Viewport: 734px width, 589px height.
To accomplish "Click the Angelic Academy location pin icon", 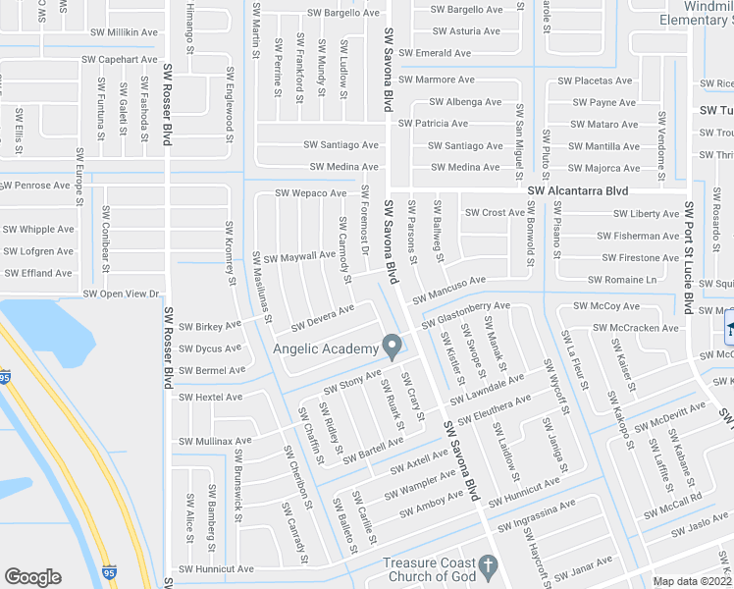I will coord(392,347).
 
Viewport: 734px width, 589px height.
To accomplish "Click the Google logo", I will coord(33,577).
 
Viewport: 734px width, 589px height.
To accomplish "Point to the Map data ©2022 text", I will coord(693,581).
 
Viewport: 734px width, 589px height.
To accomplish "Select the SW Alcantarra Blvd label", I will coord(577,191).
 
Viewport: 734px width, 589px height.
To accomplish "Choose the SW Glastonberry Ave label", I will coord(466,315).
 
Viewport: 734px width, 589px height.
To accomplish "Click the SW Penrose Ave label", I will coord(39,185).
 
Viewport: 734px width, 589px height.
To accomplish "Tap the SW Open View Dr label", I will coord(122,294).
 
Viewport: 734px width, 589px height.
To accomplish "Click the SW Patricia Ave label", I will coord(433,124).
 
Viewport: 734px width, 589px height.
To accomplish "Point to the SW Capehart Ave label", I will coord(121,59).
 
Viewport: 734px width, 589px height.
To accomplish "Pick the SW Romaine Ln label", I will coord(622,280).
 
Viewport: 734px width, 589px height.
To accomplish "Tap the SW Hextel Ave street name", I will coord(210,398).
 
